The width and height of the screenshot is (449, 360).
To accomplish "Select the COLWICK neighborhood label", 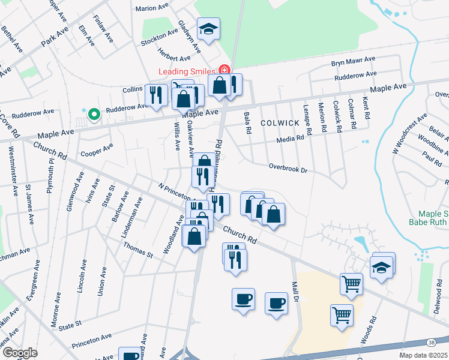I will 279,122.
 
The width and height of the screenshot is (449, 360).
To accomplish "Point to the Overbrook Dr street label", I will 288,169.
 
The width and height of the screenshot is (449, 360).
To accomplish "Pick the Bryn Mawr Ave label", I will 353,61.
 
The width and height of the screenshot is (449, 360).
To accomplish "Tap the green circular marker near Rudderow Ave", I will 93,113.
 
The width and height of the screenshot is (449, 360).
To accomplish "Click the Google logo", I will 20,352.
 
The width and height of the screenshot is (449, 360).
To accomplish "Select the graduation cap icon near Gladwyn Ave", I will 208,29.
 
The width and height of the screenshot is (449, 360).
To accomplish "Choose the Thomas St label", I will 137,250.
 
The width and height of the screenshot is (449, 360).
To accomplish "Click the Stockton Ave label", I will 157,43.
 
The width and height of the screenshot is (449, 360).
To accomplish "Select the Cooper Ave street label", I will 97,149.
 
